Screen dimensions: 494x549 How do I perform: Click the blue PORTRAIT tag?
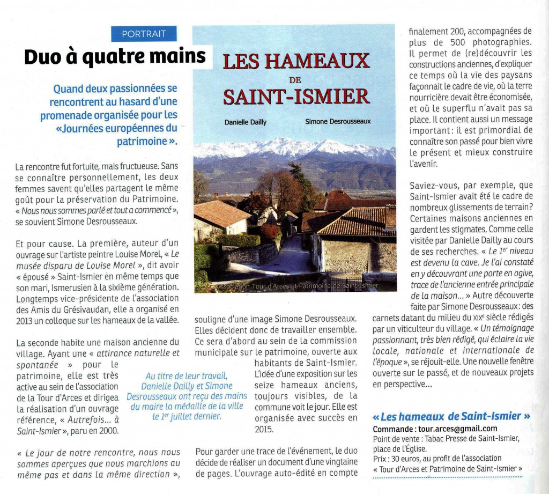(x=144, y=34)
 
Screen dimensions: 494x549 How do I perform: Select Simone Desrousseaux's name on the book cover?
(x=338, y=122)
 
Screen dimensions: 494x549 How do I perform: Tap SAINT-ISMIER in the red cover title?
(x=296, y=97)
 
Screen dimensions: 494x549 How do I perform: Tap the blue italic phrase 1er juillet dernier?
(x=186, y=416)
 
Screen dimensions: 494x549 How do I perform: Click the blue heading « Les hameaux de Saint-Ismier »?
(x=451, y=416)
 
